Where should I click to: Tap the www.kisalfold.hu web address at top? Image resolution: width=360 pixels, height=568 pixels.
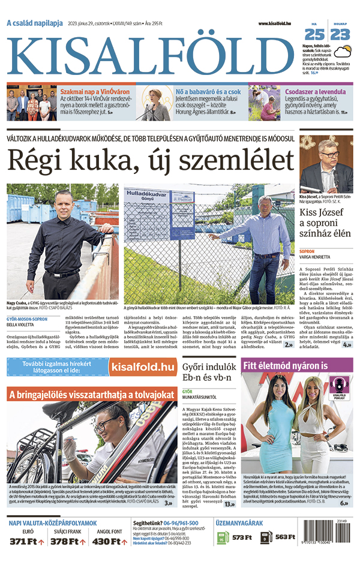274,23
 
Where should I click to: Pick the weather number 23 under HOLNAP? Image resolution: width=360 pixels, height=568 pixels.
340,34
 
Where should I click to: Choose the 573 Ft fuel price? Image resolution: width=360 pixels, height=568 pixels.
242,537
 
